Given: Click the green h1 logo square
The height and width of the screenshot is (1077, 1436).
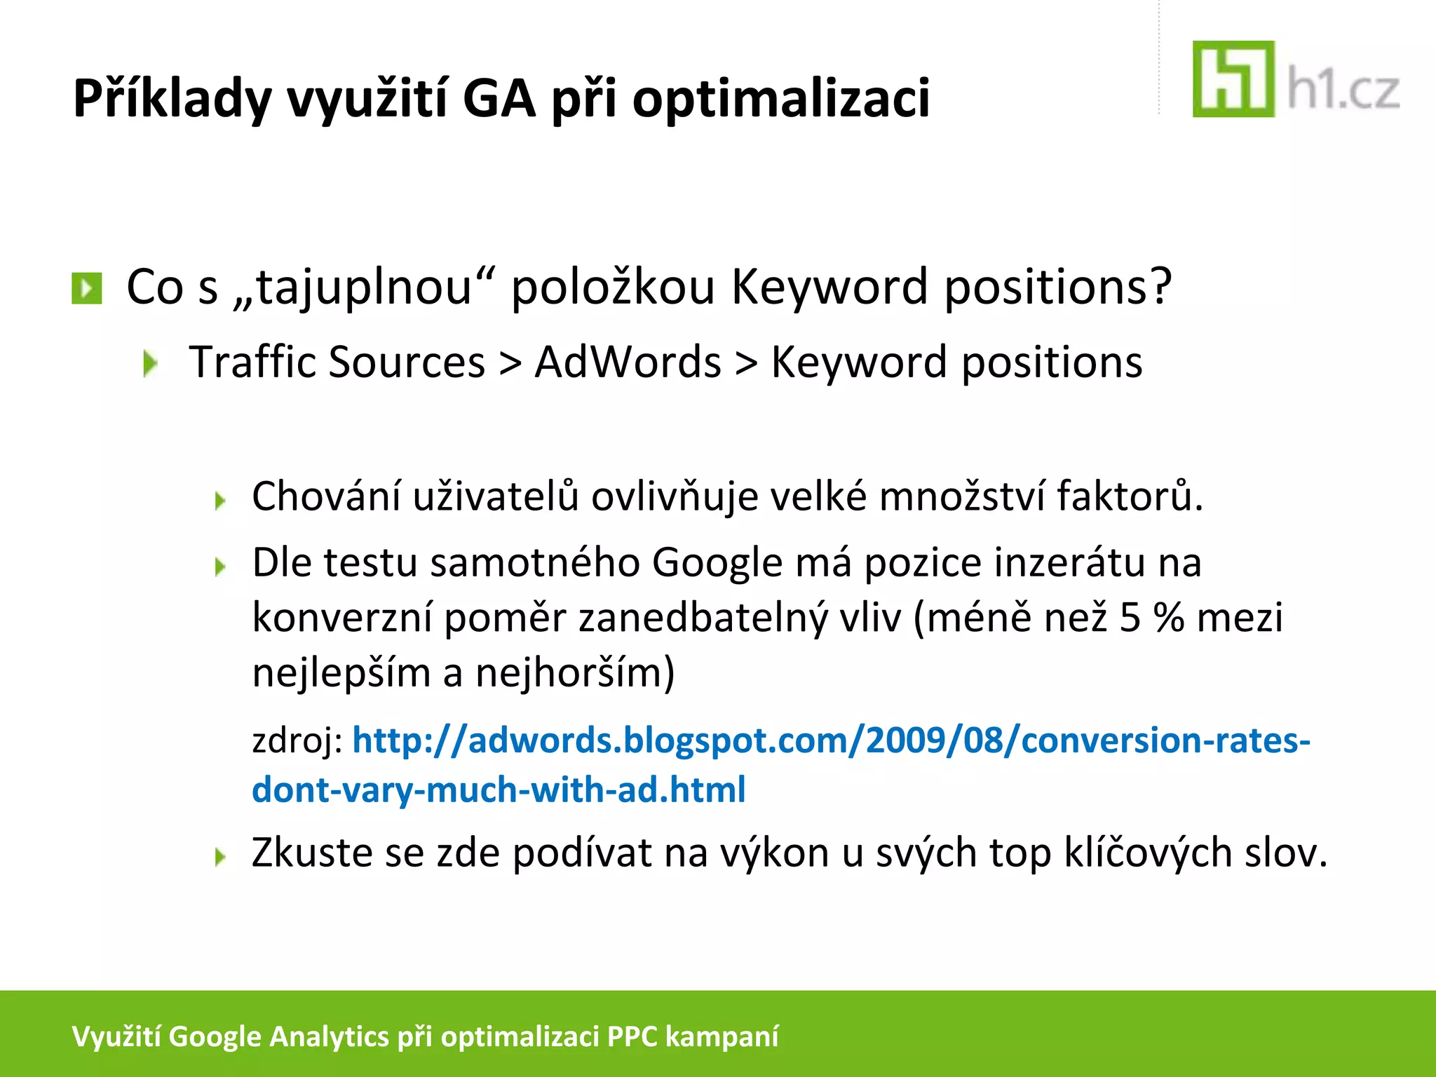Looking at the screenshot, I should click(1233, 79).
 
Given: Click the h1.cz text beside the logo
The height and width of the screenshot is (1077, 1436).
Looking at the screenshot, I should click(1343, 92).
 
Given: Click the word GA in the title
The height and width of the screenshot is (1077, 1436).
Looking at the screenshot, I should click(499, 98).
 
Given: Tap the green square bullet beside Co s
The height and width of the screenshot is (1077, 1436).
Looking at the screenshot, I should click(87, 288).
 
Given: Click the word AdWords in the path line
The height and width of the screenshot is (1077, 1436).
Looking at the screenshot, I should click(628, 363).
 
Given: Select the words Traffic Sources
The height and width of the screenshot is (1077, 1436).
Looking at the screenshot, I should click(337, 363).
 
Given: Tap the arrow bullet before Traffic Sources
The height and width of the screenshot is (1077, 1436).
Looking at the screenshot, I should click(150, 364).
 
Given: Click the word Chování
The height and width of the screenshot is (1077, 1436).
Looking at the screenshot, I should click(326, 496).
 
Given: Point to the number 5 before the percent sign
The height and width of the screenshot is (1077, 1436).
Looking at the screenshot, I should click(1130, 618).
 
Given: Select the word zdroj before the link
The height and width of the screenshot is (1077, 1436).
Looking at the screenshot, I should click(293, 741).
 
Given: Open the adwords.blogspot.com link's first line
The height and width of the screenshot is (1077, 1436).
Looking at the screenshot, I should click(831, 741).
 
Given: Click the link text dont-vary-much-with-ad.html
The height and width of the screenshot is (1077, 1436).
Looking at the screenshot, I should click(499, 790).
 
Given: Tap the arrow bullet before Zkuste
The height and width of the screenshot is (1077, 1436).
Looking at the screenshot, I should click(220, 856).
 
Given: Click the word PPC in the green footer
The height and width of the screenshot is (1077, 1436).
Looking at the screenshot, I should click(632, 1036).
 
